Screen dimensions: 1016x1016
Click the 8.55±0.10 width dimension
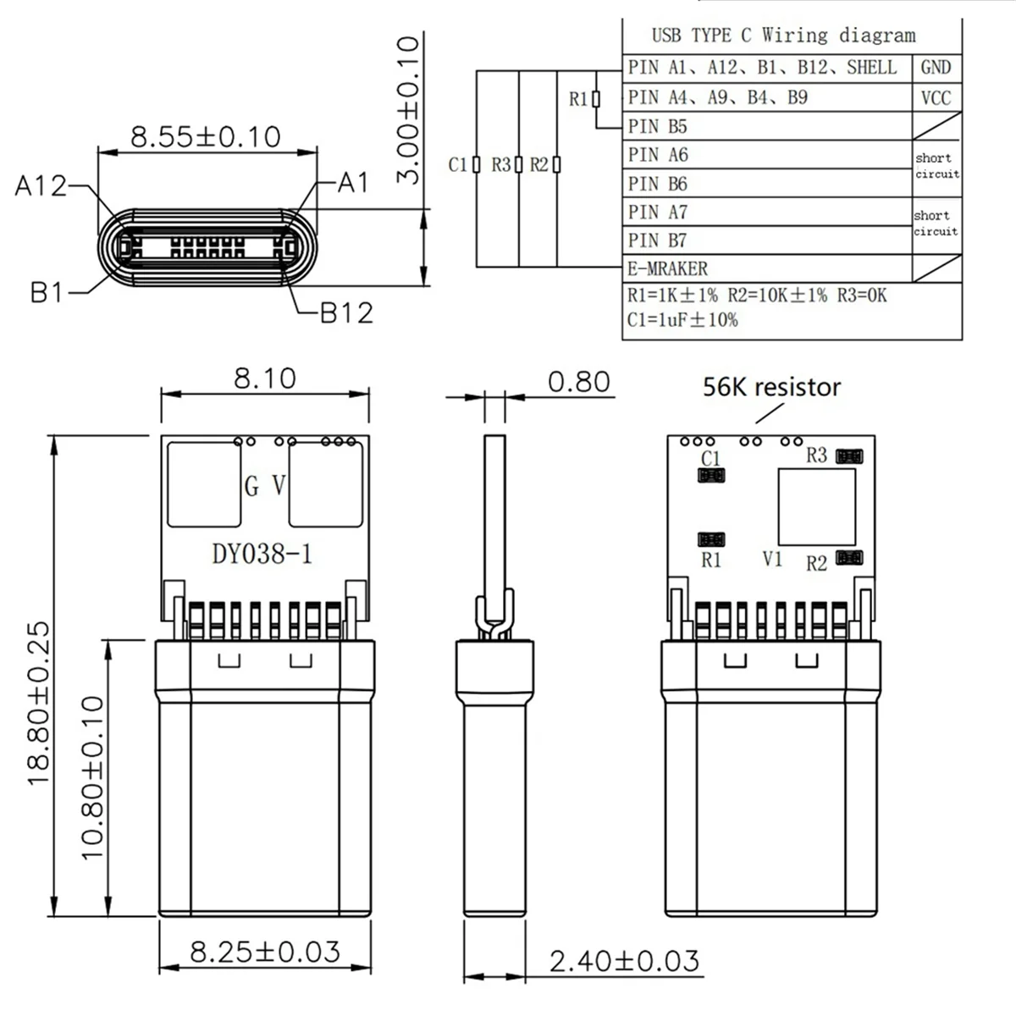[x=206, y=136]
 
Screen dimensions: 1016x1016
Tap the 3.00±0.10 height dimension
[x=409, y=110]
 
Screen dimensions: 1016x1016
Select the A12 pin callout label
[x=40, y=185]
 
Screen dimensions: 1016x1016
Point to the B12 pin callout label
[x=346, y=312]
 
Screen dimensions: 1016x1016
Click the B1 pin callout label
[x=47, y=293]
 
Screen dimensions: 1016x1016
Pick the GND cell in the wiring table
[x=936, y=68]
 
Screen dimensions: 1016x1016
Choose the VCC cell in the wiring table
[x=936, y=98]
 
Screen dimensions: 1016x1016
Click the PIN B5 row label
[x=658, y=127]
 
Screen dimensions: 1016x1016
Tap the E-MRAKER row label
[x=667, y=268]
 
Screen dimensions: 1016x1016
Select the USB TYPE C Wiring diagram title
[x=783, y=35]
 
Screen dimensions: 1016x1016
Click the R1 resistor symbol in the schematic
[x=596, y=100]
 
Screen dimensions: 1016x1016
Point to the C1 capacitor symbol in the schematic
[x=477, y=164]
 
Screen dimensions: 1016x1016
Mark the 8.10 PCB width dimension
[x=265, y=378]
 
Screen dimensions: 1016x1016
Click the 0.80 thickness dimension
[x=578, y=382]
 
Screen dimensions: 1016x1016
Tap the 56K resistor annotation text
[x=771, y=387]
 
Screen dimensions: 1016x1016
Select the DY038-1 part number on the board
[x=262, y=554]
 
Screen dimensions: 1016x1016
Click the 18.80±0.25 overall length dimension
[x=39, y=704]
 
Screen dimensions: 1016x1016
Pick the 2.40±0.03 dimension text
[x=624, y=961]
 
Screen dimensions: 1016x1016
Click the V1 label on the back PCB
[x=772, y=559]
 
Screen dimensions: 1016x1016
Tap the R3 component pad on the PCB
[x=849, y=457]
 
